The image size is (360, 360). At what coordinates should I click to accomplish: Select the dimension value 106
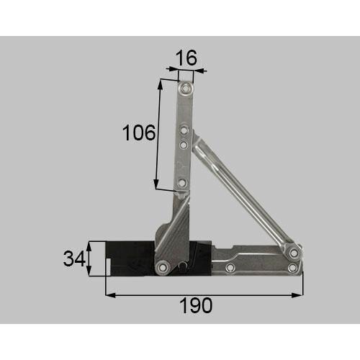pos(138,132)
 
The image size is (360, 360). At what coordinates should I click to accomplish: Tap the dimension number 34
pos(72,258)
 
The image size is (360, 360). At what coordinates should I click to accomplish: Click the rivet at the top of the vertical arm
pos(186,89)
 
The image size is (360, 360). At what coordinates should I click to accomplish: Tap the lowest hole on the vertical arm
pos(182,184)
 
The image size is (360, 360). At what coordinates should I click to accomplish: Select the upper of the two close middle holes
pos(184,131)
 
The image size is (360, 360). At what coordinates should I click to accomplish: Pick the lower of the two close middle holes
pos(184,145)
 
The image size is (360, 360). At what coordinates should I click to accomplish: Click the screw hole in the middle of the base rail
pos(230,268)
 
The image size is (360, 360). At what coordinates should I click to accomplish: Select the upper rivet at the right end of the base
pos(294,254)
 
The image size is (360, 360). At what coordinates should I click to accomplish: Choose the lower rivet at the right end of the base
pos(292,268)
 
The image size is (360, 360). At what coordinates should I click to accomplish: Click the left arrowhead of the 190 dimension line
pos(109,294)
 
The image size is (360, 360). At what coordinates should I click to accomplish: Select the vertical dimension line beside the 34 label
pos(89,258)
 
